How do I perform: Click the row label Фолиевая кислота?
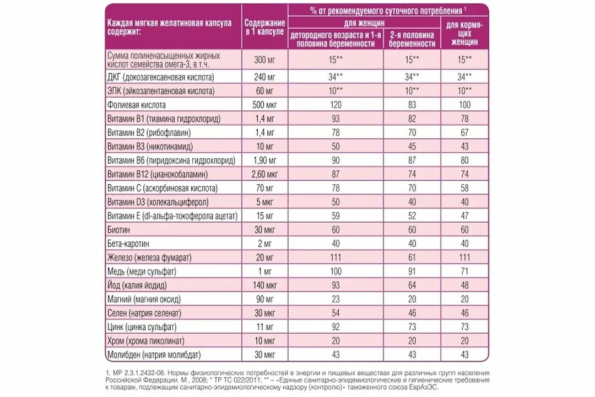136,104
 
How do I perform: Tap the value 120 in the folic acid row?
334,104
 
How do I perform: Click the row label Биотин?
121,229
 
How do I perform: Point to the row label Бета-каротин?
129,244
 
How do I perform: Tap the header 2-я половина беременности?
412,39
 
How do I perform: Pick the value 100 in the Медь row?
334,271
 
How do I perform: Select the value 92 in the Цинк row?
334,327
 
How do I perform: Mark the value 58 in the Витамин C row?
464,188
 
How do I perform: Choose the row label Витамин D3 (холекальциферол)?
157,202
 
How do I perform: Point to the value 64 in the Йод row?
412,285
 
